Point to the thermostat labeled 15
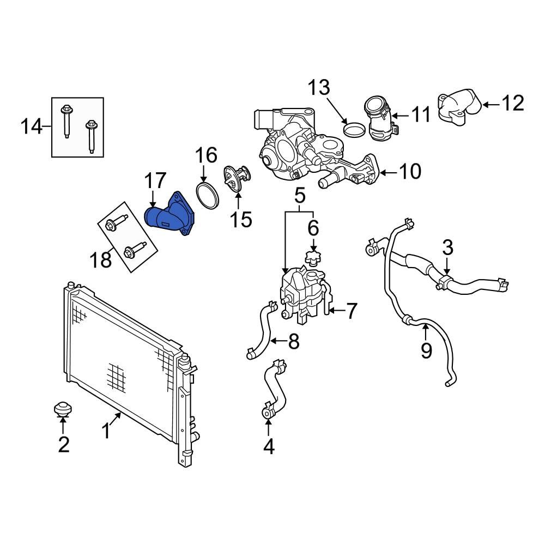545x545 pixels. tap(235, 179)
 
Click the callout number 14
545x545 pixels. tap(31, 127)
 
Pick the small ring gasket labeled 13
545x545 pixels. tap(355, 130)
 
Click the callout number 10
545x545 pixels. tap(410, 172)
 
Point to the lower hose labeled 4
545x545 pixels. tap(272, 390)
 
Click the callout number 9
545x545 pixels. tap(426, 349)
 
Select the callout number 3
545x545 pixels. tap(447, 248)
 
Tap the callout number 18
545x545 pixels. tap(102, 259)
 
